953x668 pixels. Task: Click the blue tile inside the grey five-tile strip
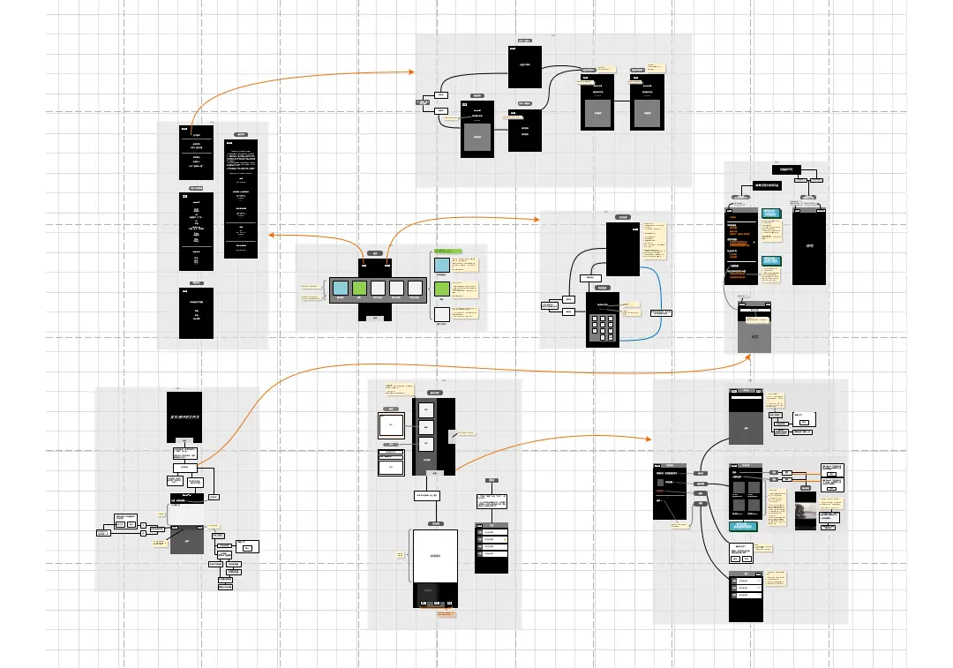(340, 288)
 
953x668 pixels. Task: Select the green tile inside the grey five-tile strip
(359, 288)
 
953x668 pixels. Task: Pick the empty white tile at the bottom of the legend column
(442, 312)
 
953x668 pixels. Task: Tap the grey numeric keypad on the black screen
(603, 328)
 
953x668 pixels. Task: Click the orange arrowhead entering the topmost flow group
(412, 71)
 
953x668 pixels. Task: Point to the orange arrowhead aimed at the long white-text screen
(270, 235)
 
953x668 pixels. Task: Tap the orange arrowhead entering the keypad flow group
(537, 218)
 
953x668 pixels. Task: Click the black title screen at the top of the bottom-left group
(184, 417)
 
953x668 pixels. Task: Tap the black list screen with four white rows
(492, 547)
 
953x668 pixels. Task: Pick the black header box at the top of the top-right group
(784, 169)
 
